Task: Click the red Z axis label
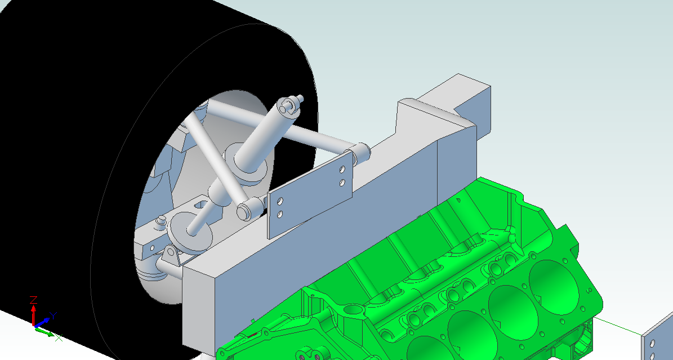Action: coord(33,300)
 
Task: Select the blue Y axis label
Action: coord(54,316)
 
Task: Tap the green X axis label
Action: coord(59,337)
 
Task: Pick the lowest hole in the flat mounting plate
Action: coord(280,214)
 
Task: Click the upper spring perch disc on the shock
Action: coord(246,163)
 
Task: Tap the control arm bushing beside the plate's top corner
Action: coord(360,153)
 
